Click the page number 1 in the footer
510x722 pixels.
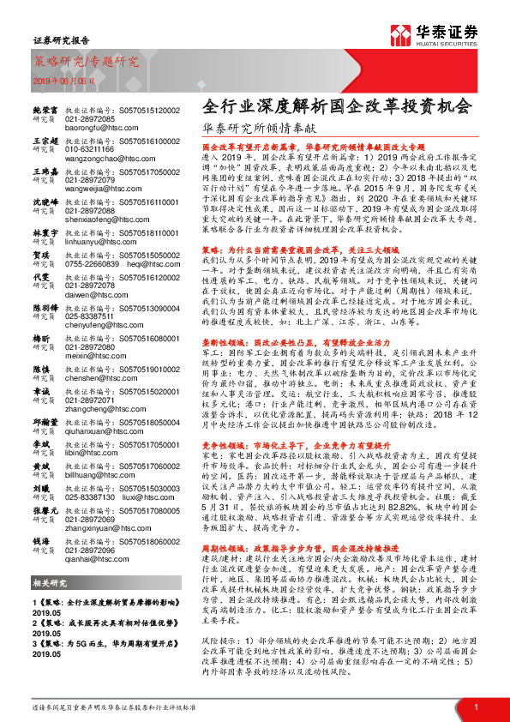[x=475, y=706]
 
